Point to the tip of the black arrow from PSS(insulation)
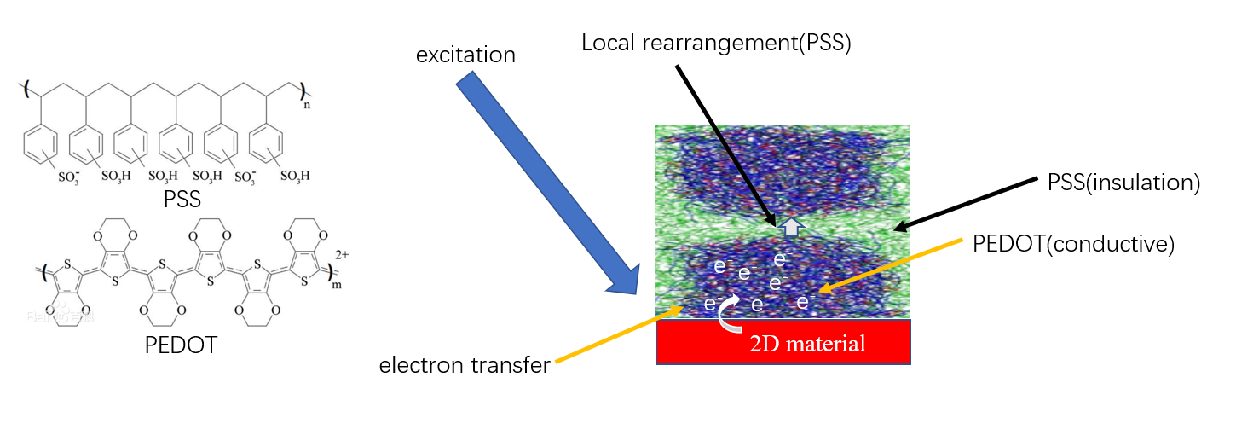pos(894,229)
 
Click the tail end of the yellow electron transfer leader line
pos(556,362)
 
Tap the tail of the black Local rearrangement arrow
pos(677,66)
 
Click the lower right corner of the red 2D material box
pos(910,364)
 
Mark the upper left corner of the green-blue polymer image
pos(655,126)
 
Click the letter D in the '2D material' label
pos(771,344)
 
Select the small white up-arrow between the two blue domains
pos(792,227)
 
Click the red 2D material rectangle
pos(783,342)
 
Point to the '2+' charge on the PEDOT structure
pos(342,254)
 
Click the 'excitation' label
pos(465,55)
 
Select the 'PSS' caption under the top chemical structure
pos(182,200)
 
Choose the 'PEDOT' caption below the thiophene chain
pos(181,345)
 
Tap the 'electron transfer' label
pos(465,365)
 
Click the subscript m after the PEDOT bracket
pos(337,285)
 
